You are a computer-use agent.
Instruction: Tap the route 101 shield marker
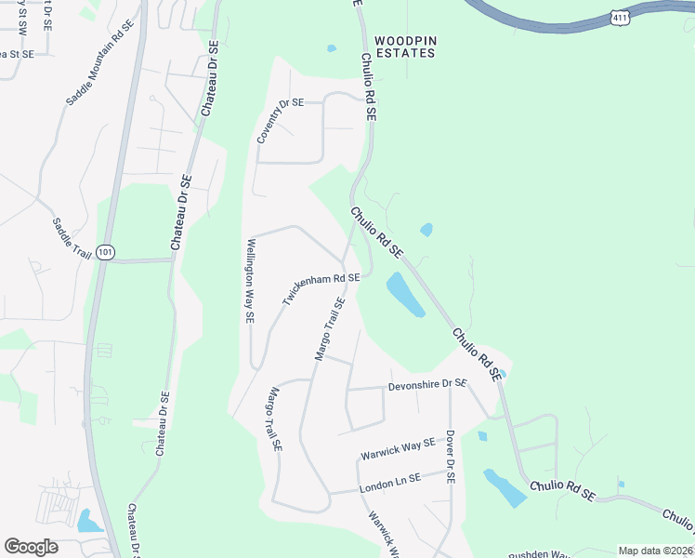105,252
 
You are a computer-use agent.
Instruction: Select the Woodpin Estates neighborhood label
404,47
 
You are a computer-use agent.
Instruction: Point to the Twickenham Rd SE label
321,289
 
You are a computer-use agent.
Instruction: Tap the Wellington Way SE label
249,280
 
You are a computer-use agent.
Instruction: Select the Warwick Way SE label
398,449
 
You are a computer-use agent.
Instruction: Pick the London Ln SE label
389,483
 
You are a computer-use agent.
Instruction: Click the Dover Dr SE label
450,456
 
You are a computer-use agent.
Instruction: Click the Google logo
31,547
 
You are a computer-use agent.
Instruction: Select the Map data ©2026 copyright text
654,551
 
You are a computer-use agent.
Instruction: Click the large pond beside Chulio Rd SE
405,294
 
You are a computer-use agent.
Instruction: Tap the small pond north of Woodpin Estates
332,48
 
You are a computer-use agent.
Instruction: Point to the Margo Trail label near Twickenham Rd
330,329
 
